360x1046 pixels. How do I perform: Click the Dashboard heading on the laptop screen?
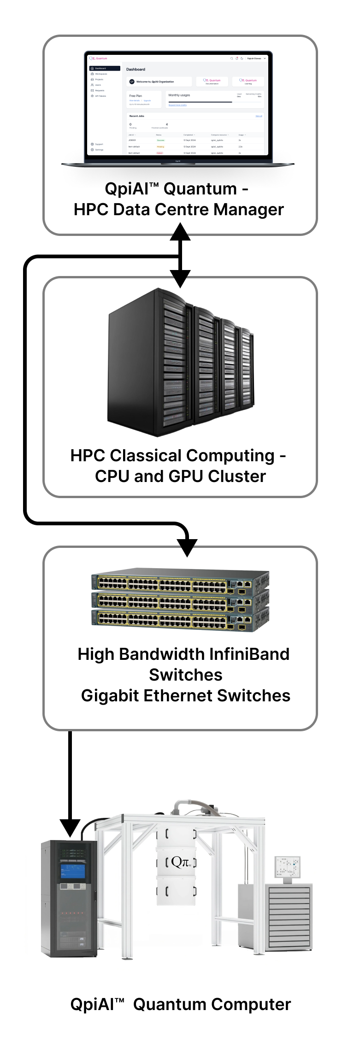tap(136, 70)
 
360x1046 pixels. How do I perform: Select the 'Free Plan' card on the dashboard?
tap(144, 99)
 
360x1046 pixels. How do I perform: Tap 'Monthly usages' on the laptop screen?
tap(179, 95)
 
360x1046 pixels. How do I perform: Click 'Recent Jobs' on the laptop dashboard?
tap(137, 116)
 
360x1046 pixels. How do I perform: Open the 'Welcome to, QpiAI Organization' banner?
tap(159, 82)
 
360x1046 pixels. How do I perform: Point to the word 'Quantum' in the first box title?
tap(201, 189)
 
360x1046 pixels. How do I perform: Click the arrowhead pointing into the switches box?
tap(187, 547)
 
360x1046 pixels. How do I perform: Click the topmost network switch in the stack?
tap(180, 580)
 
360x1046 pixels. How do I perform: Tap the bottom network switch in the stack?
tap(180, 618)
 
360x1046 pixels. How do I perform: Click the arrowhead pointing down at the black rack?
tap(70, 828)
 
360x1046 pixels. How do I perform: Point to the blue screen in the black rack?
tap(73, 871)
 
